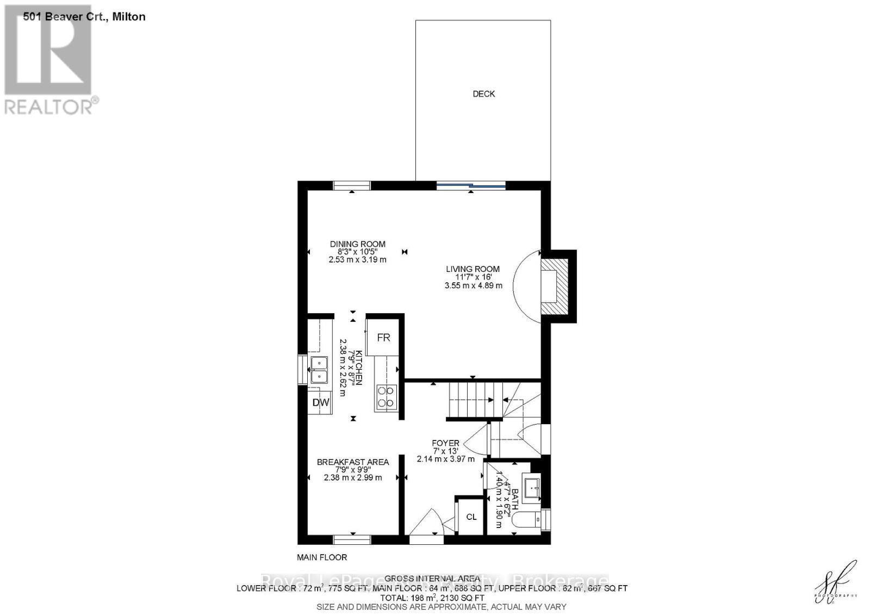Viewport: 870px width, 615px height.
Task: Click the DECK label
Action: click(x=483, y=94)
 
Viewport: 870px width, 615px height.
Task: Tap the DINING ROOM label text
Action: click(x=357, y=244)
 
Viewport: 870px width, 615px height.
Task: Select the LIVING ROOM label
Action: click(x=473, y=269)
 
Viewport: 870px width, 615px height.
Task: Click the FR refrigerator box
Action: click(x=383, y=338)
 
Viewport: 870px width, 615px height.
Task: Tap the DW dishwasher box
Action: click(x=321, y=403)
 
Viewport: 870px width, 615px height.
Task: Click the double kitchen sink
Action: click(x=319, y=370)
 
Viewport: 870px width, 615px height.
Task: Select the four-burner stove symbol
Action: click(x=386, y=396)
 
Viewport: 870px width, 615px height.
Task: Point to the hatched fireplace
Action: click(x=555, y=287)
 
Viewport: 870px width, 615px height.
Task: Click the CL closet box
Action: click(x=471, y=517)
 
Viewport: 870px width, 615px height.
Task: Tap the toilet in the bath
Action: click(x=531, y=519)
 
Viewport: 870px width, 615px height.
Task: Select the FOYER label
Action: click(x=445, y=443)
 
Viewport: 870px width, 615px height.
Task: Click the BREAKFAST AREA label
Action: click(x=353, y=462)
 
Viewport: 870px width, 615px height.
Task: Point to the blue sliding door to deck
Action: click(x=471, y=186)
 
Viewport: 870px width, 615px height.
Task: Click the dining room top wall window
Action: click(x=352, y=185)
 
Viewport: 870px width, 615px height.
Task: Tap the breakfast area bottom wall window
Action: click(x=352, y=539)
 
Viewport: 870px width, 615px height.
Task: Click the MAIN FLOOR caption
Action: click(x=322, y=557)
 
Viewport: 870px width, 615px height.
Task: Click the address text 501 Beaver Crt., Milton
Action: click(x=84, y=17)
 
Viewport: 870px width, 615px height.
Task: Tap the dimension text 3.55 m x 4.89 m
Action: click(x=473, y=285)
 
